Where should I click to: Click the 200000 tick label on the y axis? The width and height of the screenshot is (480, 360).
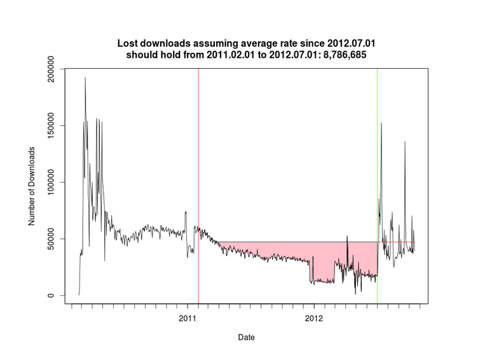(x=54, y=69)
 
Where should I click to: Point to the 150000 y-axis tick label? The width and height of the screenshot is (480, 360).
(x=54, y=125)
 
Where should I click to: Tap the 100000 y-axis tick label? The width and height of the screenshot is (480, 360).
(x=54, y=182)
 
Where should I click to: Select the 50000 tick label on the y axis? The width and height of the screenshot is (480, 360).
(x=54, y=239)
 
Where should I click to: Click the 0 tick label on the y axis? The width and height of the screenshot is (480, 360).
(x=54, y=296)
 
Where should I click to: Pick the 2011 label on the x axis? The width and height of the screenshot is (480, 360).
(x=188, y=317)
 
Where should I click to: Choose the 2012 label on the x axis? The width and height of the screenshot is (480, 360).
(x=314, y=317)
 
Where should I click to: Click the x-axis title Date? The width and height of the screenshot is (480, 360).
(x=247, y=336)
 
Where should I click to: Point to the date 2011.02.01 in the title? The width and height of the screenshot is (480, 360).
(x=229, y=55)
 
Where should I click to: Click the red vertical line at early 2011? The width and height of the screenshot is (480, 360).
(x=198, y=159)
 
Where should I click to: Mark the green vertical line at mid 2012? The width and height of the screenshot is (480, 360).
(x=377, y=159)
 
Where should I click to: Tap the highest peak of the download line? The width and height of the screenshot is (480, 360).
(x=85, y=78)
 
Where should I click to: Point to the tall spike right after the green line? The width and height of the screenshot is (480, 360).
(x=381, y=123)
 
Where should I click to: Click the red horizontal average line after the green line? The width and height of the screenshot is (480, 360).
(x=397, y=242)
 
